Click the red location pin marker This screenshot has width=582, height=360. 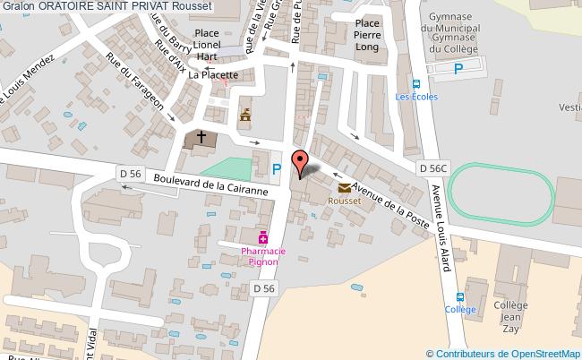click(302, 162)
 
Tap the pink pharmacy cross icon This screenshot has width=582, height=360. click(263, 238)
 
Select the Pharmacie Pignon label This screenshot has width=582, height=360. click(263, 257)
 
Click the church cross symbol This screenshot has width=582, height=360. click(201, 137)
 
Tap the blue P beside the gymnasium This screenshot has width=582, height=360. click(459, 68)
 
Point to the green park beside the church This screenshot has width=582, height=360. click(225, 167)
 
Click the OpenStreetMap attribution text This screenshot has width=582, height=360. click(502, 353)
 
